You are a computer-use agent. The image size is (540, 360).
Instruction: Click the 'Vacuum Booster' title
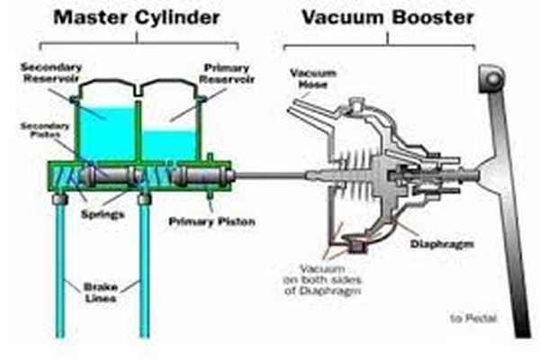coord(387,15)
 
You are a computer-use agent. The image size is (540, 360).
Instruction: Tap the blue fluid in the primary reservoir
coord(170,144)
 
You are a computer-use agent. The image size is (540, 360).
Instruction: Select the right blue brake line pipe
coord(141,270)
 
